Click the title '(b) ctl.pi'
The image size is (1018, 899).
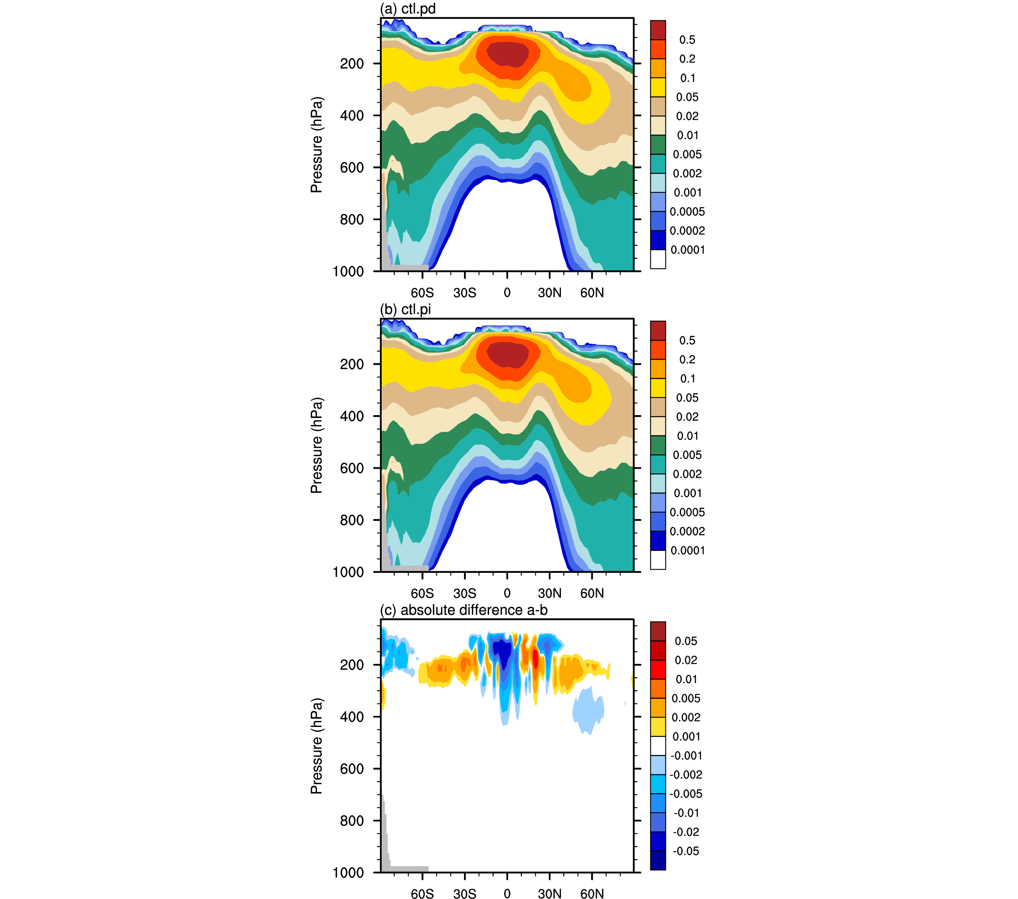[x=406, y=309]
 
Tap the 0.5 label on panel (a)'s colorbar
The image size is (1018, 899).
[x=687, y=40]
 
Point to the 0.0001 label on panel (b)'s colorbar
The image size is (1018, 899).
[x=687, y=550]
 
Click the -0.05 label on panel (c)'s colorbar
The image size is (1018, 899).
[x=686, y=851]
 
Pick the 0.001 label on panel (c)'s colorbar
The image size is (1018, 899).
[x=686, y=737]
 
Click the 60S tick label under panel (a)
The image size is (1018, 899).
[x=422, y=293]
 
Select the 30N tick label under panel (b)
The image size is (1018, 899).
[x=549, y=593]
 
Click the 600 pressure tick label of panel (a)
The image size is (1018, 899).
[x=352, y=168]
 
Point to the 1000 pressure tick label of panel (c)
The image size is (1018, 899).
[x=348, y=873]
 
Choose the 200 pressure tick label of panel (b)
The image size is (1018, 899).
[x=352, y=364]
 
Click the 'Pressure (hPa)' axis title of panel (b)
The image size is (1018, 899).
[x=316, y=445]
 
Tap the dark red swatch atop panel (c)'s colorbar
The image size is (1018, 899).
[x=658, y=631]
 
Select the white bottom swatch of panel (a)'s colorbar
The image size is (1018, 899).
[x=658, y=259]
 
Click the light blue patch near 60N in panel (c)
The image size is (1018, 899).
[x=589, y=709]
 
